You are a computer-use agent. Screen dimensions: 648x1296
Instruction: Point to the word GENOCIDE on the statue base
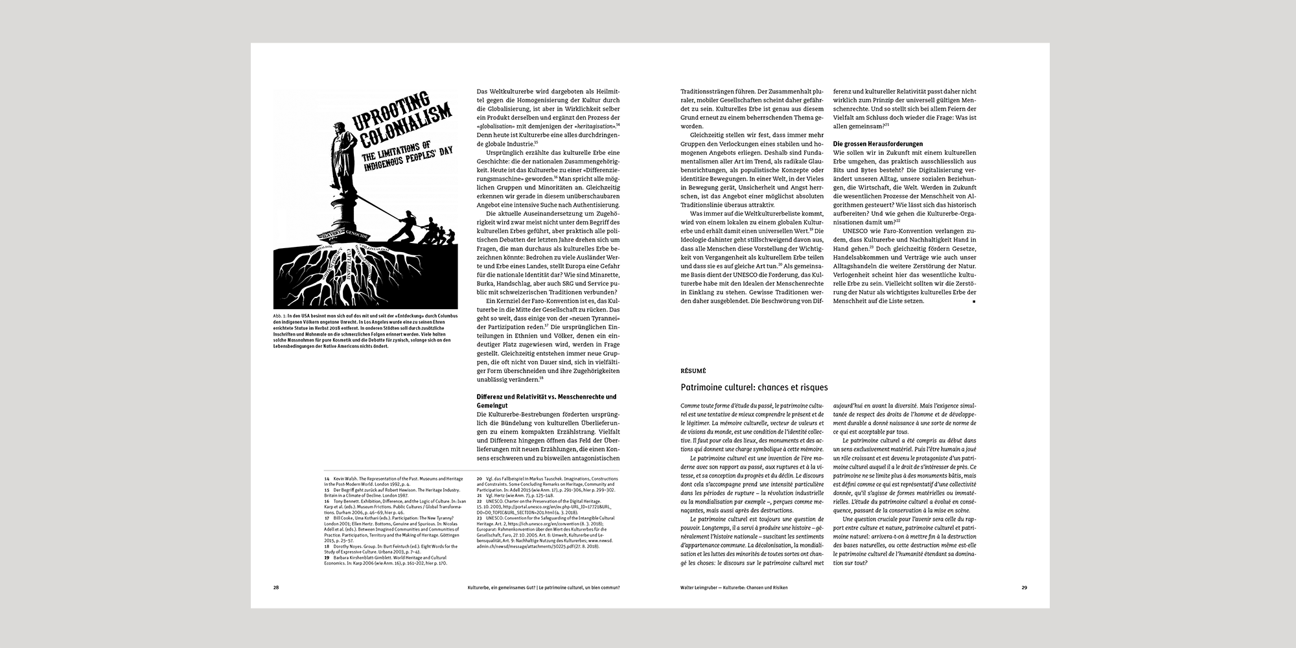pyautogui.click(x=358, y=252)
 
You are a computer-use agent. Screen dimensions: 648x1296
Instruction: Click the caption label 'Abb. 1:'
pyautogui.click(x=280, y=316)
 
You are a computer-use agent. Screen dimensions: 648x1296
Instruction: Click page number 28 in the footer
pyautogui.click(x=276, y=588)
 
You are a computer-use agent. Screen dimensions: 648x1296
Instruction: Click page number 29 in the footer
pyautogui.click(x=1024, y=588)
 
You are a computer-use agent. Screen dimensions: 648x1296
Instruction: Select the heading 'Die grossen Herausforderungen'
pyautogui.click(x=877, y=144)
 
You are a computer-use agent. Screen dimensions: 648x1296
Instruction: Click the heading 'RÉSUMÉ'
pyautogui.click(x=693, y=371)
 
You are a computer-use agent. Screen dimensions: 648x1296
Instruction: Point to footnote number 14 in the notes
pyautogui.click(x=327, y=479)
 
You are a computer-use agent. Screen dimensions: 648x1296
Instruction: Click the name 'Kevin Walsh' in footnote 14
pyautogui.click(x=345, y=479)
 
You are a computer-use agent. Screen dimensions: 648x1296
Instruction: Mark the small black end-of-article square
pyautogui.click(x=973, y=301)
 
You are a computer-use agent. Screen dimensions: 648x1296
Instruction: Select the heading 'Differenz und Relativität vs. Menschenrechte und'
pyautogui.click(x=547, y=397)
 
